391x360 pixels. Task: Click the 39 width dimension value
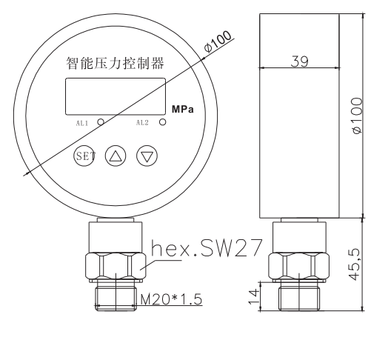point(299,61)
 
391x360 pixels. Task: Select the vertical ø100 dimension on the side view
point(357,114)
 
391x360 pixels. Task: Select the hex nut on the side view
point(299,267)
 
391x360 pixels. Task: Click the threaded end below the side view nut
point(299,298)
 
